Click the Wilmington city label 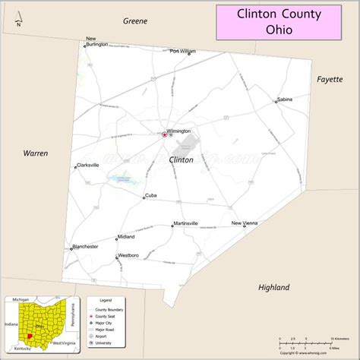[x=178, y=131]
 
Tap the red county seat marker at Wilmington [x=164, y=134]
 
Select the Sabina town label [x=285, y=99]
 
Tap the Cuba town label [x=150, y=195]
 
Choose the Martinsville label [x=185, y=223]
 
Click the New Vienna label [x=245, y=223]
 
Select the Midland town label [x=126, y=236]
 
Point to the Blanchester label [x=85, y=246]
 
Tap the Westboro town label [x=128, y=255]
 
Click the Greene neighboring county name [x=135, y=21]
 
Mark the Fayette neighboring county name [x=330, y=78]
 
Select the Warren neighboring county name [x=35, y=153]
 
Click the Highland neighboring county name [x=273, y=288]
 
